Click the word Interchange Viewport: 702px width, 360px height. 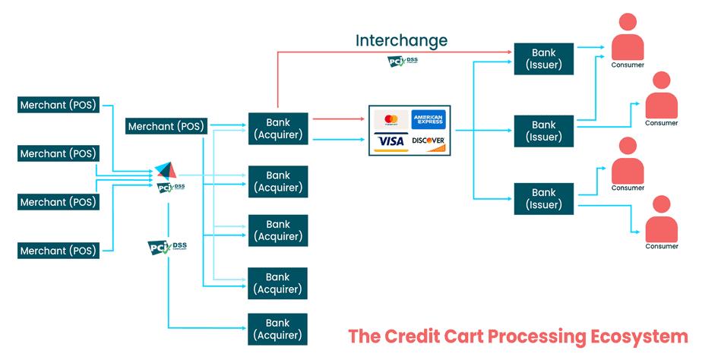[402, 40]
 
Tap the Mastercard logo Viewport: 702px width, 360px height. [391, 120]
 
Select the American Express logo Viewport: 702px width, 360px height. [428, 120]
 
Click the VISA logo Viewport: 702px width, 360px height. [391, 141]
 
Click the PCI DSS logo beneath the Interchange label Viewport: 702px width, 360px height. [403, 61]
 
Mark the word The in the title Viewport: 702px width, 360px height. [366, 336]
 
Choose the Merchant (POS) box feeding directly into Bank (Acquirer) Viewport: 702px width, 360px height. [166, 127]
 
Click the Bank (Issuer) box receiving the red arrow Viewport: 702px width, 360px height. [543, 59]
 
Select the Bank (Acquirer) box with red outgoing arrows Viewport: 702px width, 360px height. [278, 128]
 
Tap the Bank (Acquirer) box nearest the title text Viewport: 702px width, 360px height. [278, 329]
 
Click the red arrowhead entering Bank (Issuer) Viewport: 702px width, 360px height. [510, 52]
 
